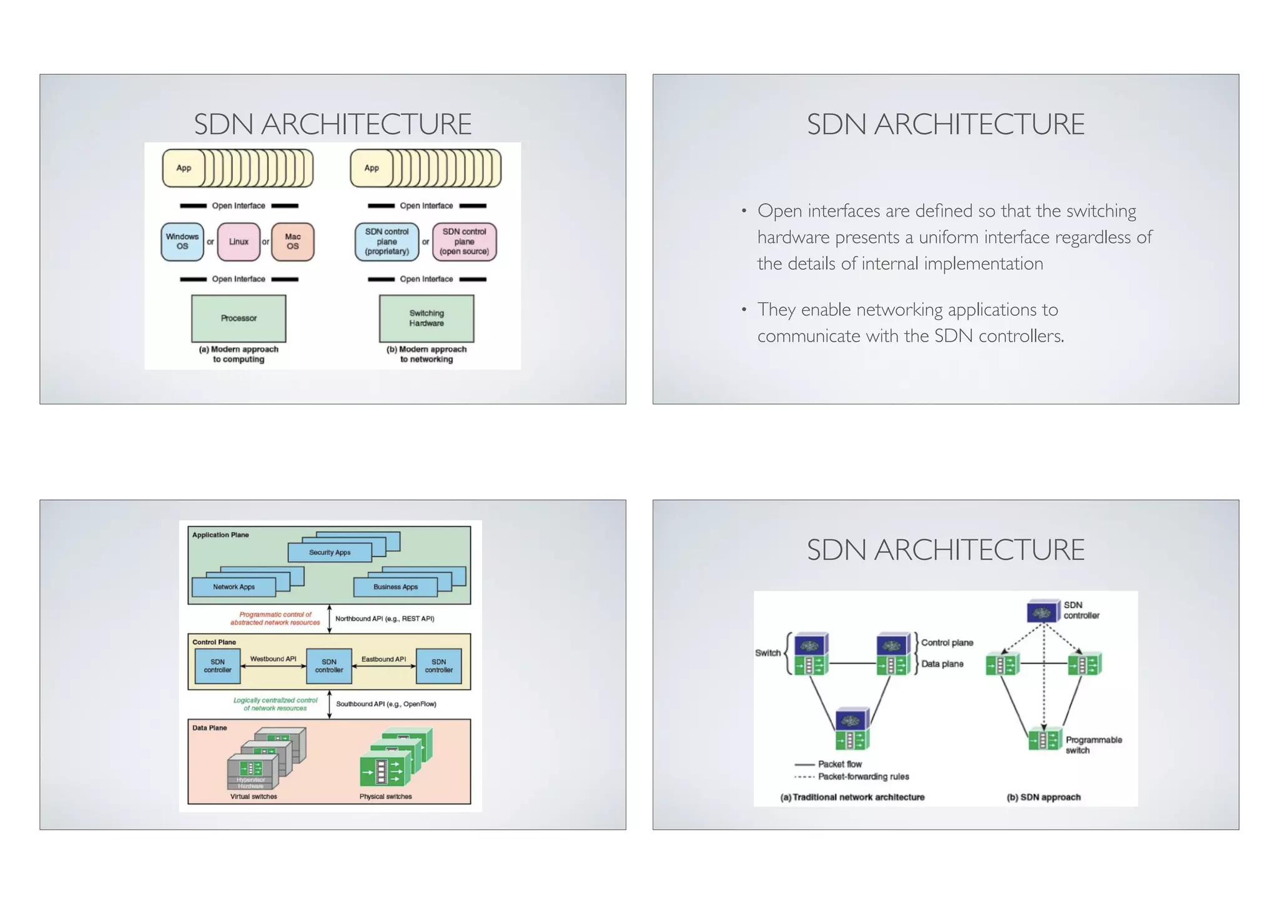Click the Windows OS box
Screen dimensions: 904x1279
182,242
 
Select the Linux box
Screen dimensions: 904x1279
239,242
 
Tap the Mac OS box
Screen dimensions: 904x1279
292,242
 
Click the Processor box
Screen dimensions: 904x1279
239,318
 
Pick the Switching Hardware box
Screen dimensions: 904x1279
427,318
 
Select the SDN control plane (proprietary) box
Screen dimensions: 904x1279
387,242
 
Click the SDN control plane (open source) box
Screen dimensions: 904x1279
464,242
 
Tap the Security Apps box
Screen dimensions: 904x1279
330,553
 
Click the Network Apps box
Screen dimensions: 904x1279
234,587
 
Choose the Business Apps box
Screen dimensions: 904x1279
395,587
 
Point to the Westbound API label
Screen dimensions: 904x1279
273,659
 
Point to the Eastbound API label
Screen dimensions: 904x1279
383,659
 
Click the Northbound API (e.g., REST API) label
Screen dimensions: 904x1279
385,619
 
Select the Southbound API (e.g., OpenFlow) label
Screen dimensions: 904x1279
386,704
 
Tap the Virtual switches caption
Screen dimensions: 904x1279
254,797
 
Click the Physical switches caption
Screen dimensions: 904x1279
385,797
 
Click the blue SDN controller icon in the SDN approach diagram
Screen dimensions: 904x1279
1043,612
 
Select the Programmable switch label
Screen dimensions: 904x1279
1093,745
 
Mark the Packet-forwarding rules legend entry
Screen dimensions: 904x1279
863,777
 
